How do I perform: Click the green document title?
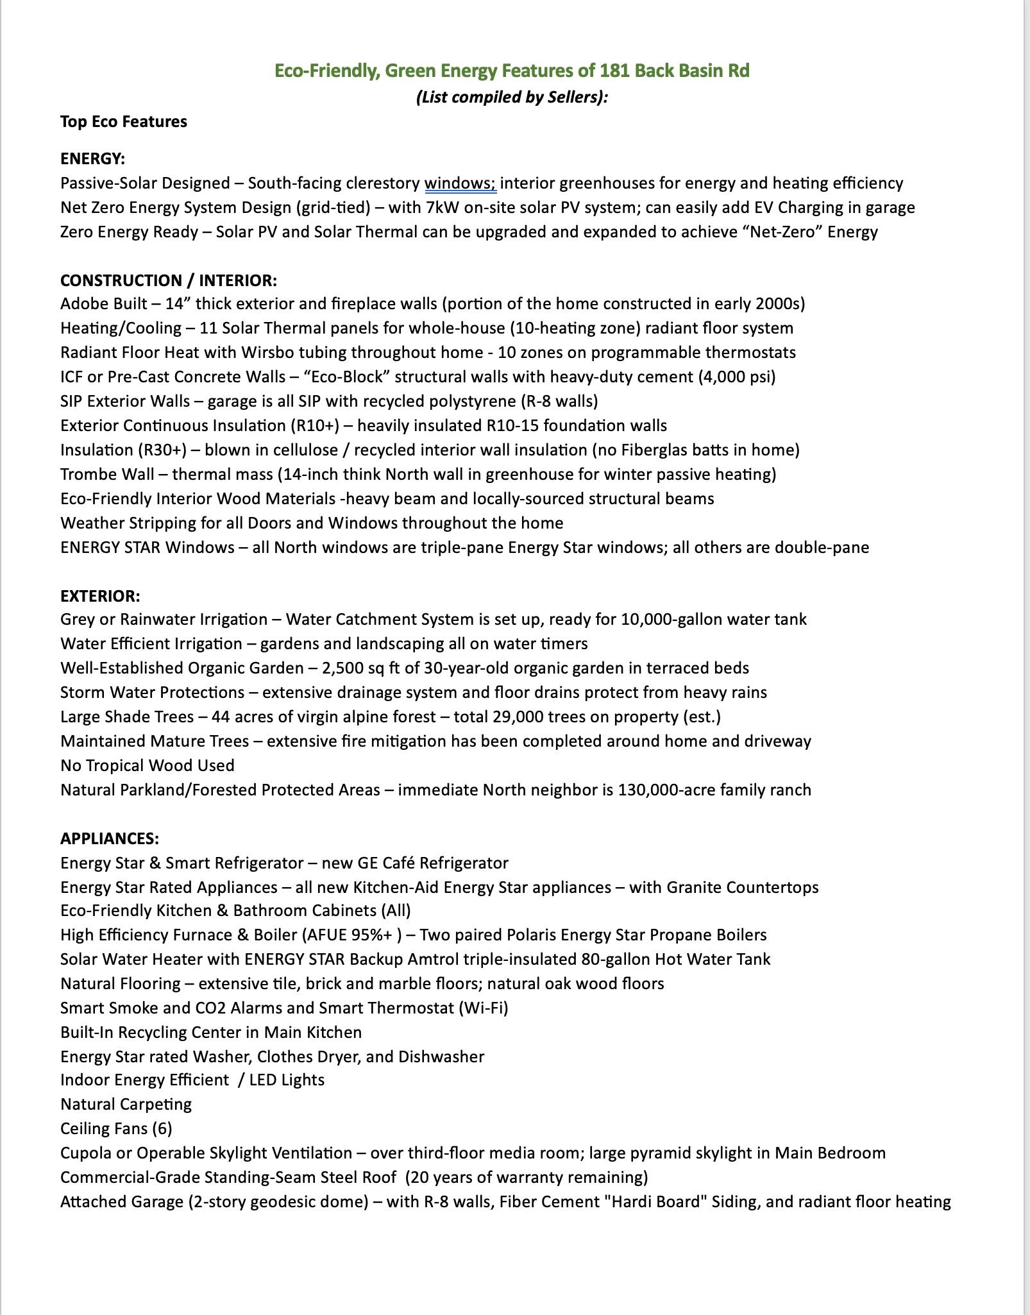point(512,71)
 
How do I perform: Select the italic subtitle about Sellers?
point(512,97)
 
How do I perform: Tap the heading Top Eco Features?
point(124,122)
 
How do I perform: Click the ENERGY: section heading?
point(92,158)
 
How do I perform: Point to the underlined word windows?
point(460,183)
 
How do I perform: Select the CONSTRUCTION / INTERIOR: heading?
point(168,280)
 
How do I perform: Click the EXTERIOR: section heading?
point(99,596)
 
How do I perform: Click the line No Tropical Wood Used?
point(147,765)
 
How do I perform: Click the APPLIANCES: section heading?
point(109,838)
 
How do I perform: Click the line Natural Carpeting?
point(126,1104)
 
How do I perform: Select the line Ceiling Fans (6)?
point(116,1128)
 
